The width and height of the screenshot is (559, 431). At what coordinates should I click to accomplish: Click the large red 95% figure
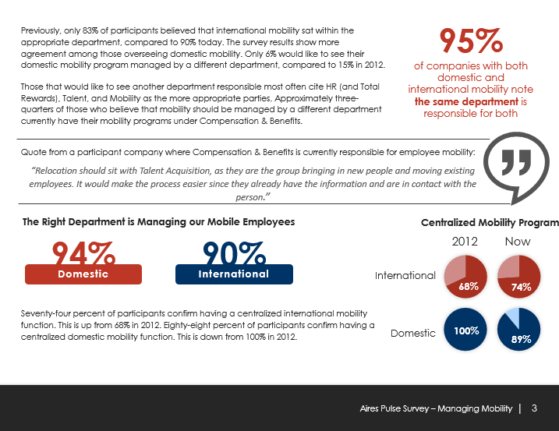point(470,39)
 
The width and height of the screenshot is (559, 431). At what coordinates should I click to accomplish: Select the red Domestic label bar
point(83,274)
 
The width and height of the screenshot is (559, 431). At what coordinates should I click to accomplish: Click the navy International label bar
point(234,274)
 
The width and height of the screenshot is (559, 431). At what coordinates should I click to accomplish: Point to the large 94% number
point(83,253)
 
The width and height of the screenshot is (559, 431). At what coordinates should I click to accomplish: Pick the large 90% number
point(234,253)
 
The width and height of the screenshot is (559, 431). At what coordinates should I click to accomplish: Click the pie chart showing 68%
point(465,277)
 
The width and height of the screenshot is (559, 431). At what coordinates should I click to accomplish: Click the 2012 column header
point(465,242)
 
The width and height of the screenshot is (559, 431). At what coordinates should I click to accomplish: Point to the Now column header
point(518,242)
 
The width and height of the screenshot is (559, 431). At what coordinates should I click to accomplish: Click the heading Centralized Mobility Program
point(490,223)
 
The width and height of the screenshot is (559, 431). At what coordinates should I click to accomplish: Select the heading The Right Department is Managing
point(158,222)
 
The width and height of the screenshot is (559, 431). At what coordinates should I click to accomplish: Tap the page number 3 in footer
point(534,408)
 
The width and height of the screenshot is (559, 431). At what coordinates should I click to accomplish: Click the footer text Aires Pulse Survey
point(436,408)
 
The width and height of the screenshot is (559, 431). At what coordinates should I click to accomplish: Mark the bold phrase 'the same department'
point(466,101)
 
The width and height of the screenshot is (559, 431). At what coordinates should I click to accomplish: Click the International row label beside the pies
point(405,276)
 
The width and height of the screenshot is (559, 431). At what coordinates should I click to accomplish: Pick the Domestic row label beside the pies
point(412,333)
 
